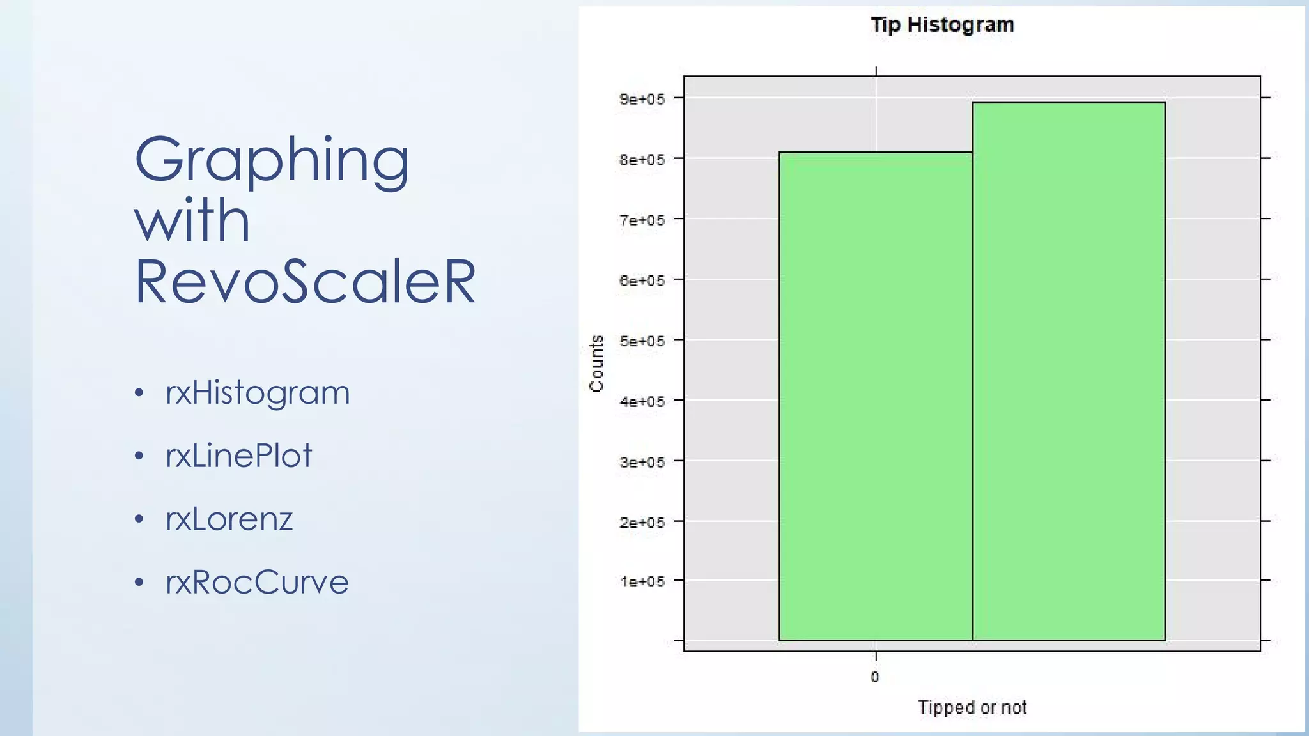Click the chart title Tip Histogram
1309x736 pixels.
(942, 25)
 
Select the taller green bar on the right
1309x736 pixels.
(1069, 371)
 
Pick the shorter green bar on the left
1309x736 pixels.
(876, 396)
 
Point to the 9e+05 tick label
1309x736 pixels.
(642, 99)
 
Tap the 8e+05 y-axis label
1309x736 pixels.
(642, 160)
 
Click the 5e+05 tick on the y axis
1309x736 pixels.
(642, 341)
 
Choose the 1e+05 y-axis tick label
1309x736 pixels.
(642, 581)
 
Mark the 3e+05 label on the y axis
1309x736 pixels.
(642, 462)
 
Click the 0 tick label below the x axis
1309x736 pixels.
(875, 677)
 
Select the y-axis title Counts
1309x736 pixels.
(596, 364)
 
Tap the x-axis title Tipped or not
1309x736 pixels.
(972, 707)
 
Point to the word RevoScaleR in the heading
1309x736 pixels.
(305, 281)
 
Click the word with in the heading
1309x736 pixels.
(192, 220)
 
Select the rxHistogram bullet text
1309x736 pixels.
(258, 392)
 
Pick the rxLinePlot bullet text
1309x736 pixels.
(238, 456)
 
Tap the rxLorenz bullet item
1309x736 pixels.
(229, 519)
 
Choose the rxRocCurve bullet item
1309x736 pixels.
(257, 582)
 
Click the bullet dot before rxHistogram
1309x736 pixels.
(139, 393)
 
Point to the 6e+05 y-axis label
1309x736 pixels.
(642, 280)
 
